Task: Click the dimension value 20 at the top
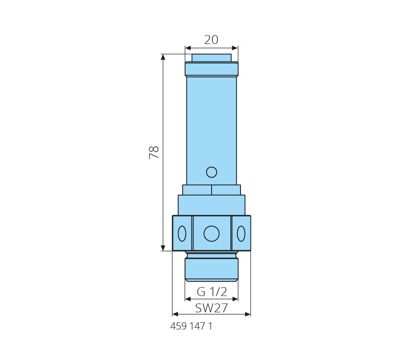[211, 40]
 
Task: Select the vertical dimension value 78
[154, 152]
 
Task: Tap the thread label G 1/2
[212, 292]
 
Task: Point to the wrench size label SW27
[212, 308]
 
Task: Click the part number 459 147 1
[191, 326]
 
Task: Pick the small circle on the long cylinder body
[212, 172]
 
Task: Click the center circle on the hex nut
[212, 234]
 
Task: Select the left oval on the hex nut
[182, 234]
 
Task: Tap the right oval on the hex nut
[241, 234]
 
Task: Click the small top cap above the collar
[212, 58]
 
